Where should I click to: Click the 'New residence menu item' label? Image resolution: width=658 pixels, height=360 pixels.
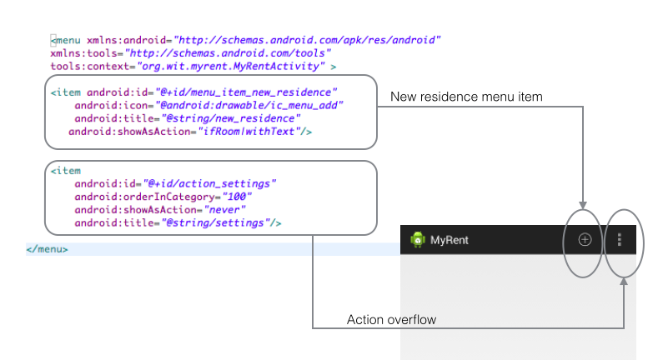coord(466,97)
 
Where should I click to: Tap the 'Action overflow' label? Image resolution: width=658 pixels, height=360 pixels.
coord(391,320)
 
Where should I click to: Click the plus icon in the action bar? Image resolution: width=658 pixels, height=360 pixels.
coord(585,240)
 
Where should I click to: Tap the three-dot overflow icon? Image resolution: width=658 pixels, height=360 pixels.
coord(619,240)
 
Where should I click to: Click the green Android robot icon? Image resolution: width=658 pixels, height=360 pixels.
coord(417,240)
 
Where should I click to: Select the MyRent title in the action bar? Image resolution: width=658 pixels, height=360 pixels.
coord(450,240)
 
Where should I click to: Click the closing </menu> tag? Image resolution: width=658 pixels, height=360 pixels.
coord(47,248)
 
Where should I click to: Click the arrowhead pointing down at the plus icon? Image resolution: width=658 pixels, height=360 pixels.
coord(584,204)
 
